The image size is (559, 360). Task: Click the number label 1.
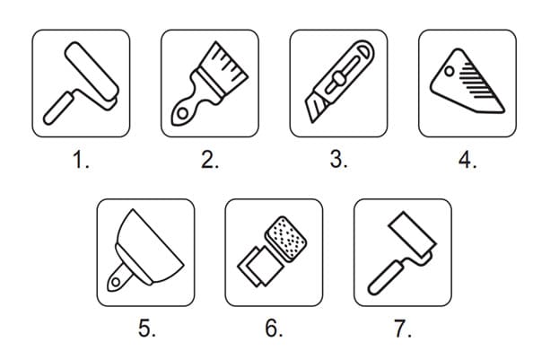click(x=81, y=160)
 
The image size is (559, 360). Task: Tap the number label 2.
click(x=210, y=160)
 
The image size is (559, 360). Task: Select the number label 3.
click(x=338, y=160)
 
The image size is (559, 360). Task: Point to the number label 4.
click(x=467, y=160)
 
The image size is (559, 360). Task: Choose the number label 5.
click(x=147, y=329)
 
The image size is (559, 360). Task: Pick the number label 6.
click(x=274, y=329)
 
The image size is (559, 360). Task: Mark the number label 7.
click(x=403, y=329)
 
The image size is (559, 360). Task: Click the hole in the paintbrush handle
click(x=182, y=113)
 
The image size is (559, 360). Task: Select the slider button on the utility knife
click(x=338, y=78)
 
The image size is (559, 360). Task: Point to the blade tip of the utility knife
click(x=312, y=122)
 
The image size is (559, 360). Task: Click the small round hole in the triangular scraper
click(x=450, y=71)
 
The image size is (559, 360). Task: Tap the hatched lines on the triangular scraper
click(x=476, y=80)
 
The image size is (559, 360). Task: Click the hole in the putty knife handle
click(x=116, y=282)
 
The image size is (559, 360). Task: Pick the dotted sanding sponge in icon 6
click(x=286, y=237)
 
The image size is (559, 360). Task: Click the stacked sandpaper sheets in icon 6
click(x=260, y=266)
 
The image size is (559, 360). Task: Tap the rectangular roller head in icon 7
click(x=412, y=233)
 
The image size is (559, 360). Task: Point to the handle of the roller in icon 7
click(x=385, y=278)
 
